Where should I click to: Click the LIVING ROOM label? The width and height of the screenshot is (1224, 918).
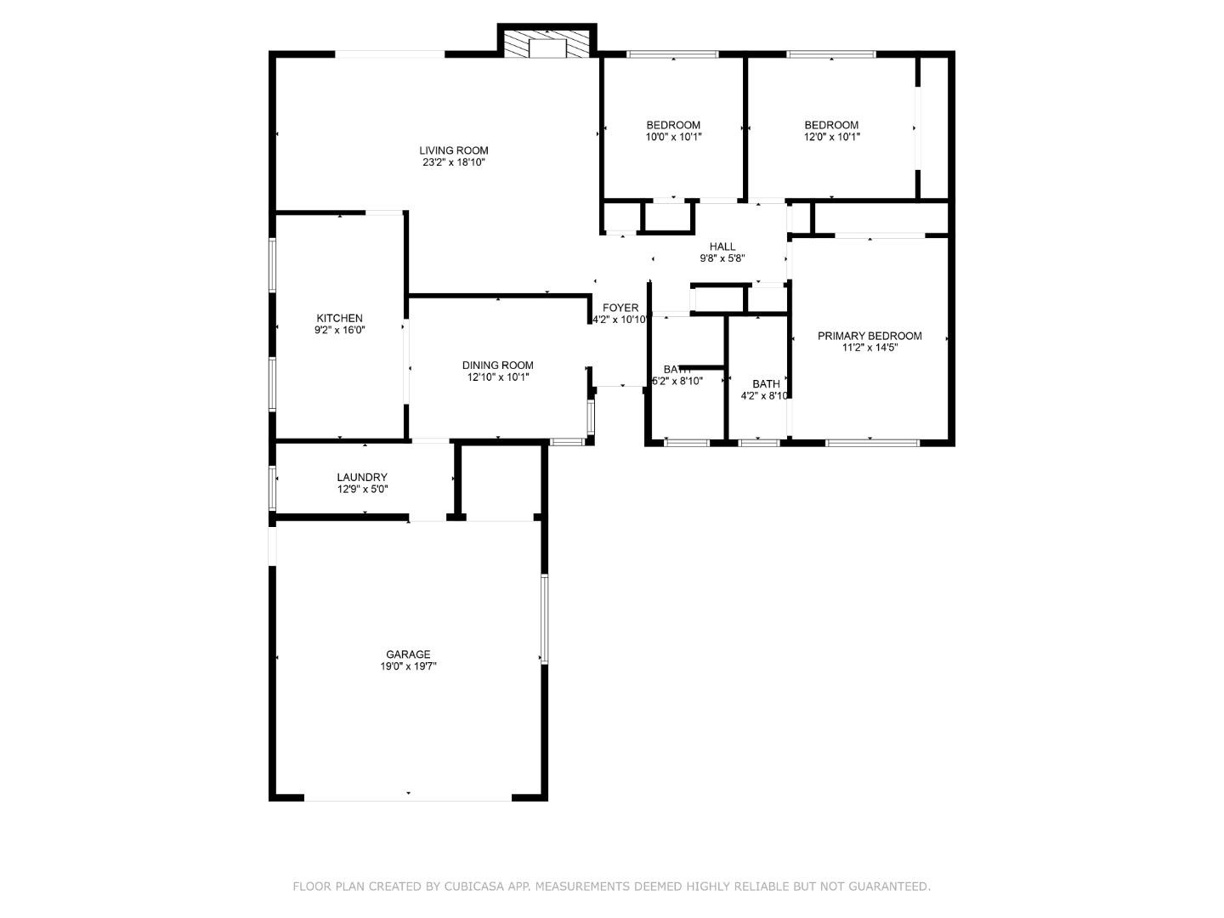click(453, 150)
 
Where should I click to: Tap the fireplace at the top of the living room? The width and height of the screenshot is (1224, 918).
click(547, 45)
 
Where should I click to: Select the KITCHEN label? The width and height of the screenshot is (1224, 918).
click(339, 318)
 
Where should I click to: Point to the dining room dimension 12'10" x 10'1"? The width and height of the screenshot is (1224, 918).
click(497, 377)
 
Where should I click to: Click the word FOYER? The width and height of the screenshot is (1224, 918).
click(620, 308)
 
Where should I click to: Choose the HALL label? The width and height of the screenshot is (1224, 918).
click(722, 246)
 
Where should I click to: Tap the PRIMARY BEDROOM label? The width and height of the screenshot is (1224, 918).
click(869, 336)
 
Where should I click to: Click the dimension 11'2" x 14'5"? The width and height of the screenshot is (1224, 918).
click(869, 348)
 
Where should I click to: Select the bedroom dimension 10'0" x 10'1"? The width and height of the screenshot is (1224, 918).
click(673, 137)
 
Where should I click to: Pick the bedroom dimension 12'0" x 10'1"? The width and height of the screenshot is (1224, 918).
click(831, 137)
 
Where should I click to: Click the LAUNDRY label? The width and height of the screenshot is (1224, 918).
click(361, 478)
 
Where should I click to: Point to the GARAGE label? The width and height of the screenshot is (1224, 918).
click(408, 654)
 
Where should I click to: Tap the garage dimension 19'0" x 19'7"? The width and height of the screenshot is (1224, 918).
click(408, 666)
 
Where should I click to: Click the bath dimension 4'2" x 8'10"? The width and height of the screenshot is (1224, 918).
click(765, 395)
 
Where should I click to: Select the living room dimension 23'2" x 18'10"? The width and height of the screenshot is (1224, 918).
click(453, 162)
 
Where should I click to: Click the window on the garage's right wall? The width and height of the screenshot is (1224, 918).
click(544, 618)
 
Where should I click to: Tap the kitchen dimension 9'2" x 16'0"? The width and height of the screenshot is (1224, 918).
click(339, 330)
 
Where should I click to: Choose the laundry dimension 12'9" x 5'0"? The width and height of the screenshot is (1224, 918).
click(361, 490)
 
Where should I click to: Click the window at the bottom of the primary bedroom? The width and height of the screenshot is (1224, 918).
click(871, 442)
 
